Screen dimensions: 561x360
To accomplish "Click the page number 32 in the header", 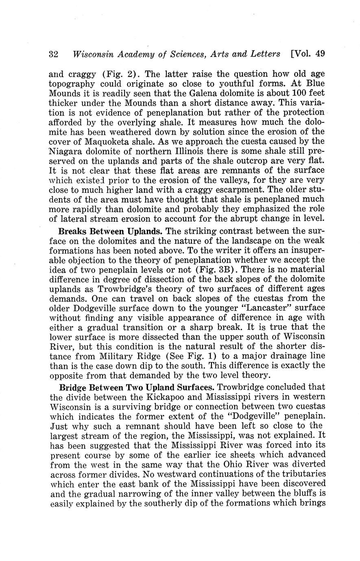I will click(55, 54).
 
